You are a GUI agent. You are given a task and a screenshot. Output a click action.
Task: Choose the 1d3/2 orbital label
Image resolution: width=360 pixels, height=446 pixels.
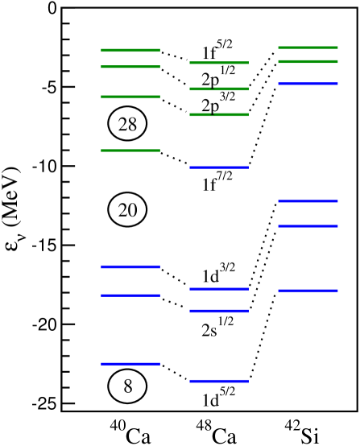click(218, 275)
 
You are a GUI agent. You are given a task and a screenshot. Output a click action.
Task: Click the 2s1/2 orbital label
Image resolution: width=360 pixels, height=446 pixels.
click(217, 327)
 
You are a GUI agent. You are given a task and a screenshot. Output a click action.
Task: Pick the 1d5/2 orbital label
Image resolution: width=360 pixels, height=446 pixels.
click(218, 397)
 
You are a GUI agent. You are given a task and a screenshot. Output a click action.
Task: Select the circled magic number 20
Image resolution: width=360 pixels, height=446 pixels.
click(128, 210)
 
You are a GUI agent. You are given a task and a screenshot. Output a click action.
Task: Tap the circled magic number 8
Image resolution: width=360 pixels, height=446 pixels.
click(127, 386)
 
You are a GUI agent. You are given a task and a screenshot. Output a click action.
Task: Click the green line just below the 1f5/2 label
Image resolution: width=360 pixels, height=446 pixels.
click(219, 62)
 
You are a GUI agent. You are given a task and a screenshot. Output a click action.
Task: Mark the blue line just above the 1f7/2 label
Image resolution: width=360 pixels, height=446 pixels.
click(219, 167)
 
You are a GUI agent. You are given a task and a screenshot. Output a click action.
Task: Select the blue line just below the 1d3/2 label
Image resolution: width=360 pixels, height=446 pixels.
click(219, 288)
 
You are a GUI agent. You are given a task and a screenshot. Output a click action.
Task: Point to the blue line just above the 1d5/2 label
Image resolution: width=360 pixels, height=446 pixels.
click(219, 381)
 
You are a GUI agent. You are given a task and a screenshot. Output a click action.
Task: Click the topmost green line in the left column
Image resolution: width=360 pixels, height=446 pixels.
click(130, 50)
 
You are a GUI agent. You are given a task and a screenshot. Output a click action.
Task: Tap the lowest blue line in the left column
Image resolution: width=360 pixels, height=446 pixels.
click(130, 364)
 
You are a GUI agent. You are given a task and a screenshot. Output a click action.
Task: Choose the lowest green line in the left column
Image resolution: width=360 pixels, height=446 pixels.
click(130, 150)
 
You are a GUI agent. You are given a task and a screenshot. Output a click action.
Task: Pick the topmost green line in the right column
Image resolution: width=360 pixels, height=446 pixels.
click(308, 47)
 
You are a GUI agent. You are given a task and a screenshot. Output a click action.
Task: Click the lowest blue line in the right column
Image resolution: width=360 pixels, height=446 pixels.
click(308, 291)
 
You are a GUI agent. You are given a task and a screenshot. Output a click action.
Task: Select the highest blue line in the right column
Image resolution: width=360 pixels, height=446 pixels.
click(308, 84)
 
